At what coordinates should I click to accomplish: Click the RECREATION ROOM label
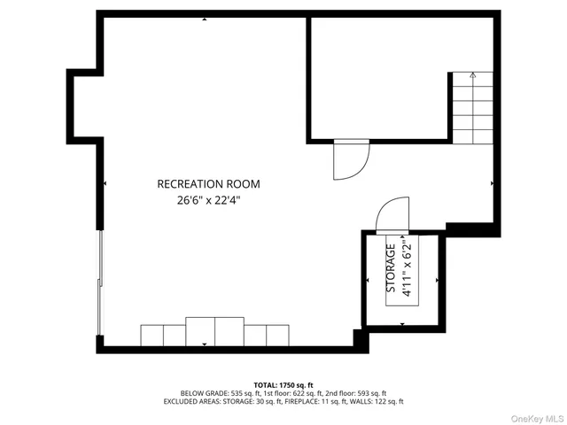(x=208, y=184)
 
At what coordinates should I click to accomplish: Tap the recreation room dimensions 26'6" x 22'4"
(x=208, y=200)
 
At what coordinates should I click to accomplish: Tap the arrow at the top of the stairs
(x=473, y=75)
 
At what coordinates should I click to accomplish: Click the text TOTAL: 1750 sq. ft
(x=283, y=384)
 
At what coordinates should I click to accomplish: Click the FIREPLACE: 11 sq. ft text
(x=312, y=401)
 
